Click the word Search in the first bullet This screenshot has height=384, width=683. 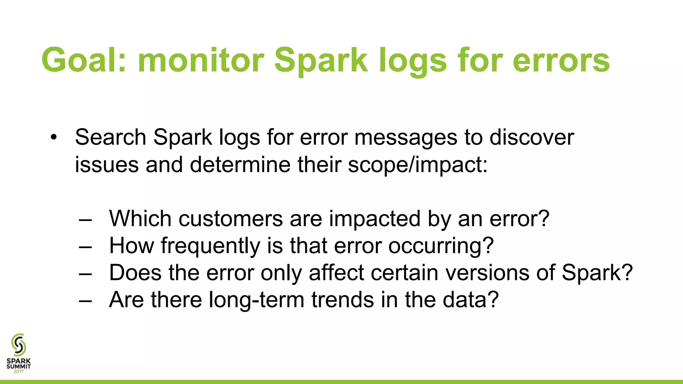coord(110,137)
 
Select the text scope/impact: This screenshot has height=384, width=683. coord(418,165)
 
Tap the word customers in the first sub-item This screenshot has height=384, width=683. coord(230,219)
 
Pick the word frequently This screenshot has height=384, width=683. coord(210,246)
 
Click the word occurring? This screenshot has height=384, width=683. coord(441,246)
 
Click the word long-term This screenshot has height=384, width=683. coord(256,300)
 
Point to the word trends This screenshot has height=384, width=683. coord(343,300)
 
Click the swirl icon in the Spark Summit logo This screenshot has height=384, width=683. coord(19,345)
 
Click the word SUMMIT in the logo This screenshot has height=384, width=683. coord(19,366)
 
